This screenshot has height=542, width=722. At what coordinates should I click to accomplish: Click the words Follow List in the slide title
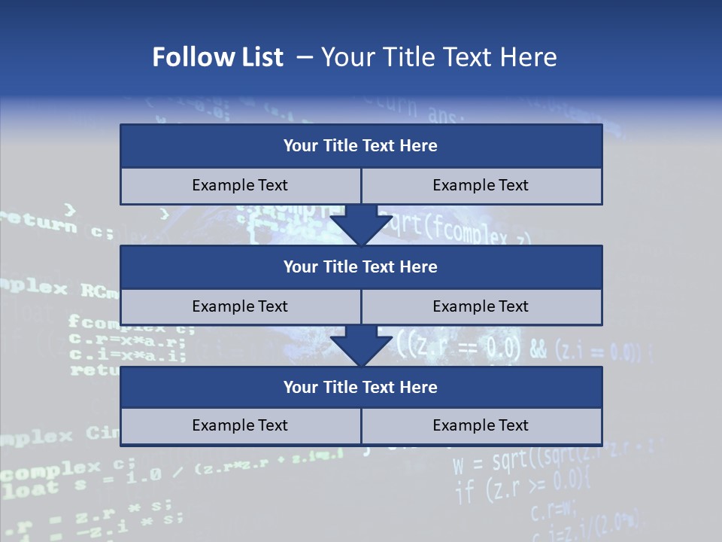click(217, 57)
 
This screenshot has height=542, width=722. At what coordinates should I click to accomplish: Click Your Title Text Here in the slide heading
click(438, 57)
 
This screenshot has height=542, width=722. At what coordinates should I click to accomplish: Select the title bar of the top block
click(361, 145)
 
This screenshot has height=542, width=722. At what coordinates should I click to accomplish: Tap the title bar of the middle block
click(361, 266)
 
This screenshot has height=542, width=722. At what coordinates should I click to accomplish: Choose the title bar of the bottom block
click(361, 387)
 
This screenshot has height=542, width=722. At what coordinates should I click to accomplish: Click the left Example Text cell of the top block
click(240, 185)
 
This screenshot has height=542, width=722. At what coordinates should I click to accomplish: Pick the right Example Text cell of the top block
click(481, 185)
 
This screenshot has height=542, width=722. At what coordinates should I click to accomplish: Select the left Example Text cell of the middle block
click(240, 306)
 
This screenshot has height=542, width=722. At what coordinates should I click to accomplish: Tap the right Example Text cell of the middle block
click(481, 306)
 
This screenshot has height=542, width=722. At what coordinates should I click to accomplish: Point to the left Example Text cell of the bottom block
click(240, 425)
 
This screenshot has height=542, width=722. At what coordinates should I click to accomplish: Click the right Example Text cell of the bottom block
click(481, 425)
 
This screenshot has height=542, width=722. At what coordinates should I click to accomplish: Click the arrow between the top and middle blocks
click(361, 224)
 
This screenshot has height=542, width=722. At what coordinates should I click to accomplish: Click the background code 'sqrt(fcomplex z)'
click(459, 227)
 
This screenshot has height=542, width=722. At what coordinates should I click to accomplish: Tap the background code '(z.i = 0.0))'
click(602, 351)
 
